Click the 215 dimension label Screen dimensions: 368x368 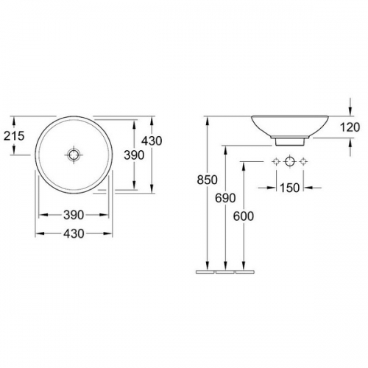tap(14, 136)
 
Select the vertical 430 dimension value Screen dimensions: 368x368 tap(152, 141)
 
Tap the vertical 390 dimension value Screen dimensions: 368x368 tap(134, 155)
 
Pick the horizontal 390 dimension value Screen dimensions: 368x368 tap(74, 215)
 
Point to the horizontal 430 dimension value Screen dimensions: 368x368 tap(74, 233)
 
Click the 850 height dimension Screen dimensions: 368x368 tap(208, 180)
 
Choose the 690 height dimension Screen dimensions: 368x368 tap(225, 198)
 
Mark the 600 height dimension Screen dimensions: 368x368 tap(244, 216)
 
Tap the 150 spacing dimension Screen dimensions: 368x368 tap(290, 188)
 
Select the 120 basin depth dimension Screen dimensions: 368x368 tap(350, 127)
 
